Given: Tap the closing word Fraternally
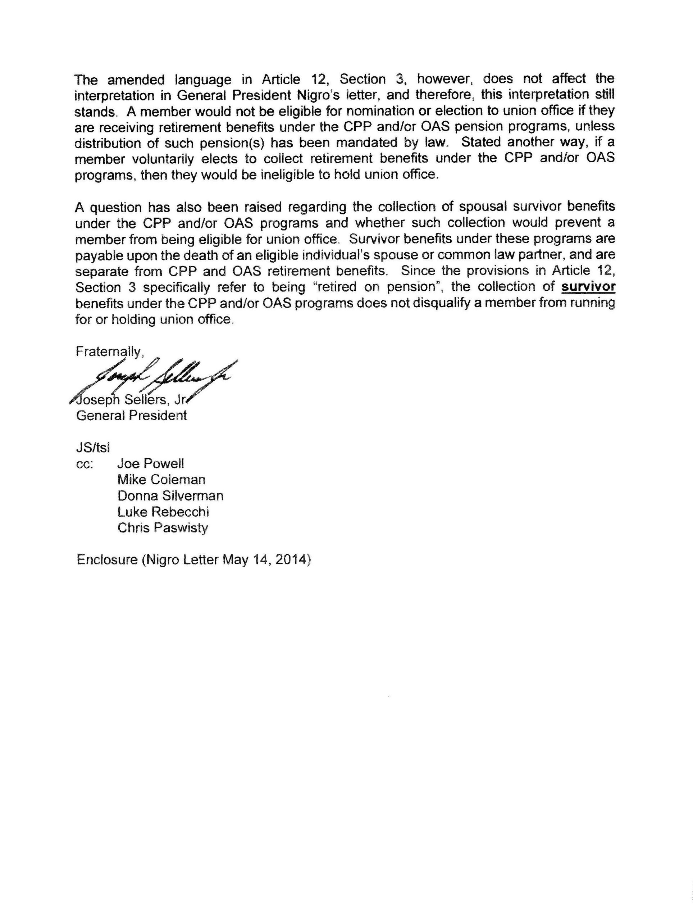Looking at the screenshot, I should [x=109, y=352].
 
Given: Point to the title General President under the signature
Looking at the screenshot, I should [x=131, y=416].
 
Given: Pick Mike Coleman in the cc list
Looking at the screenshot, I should [x=161, y=480].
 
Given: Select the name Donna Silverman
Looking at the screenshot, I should [x=170, y=496].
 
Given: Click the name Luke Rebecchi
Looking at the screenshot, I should [x=163, y=512].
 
